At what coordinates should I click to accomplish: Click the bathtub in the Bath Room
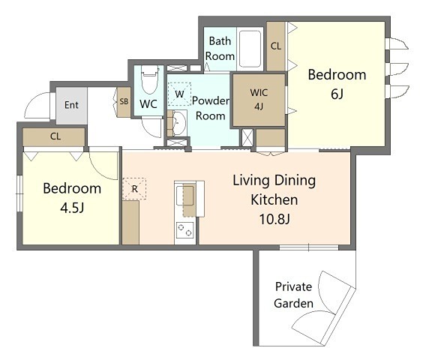[250, 49]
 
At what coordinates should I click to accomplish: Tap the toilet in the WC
[149, 79]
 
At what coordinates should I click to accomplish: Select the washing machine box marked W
[179, 94]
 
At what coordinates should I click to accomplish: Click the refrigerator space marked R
[134, 189]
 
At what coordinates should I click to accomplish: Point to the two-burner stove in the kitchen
[184, 230]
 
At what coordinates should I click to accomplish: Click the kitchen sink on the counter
[184, 195]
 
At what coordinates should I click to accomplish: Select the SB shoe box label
[124, 101]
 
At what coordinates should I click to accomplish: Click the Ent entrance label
[71, 105]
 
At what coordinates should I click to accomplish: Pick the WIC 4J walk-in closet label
[259, 99]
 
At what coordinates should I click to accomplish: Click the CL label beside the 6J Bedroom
[276, 46]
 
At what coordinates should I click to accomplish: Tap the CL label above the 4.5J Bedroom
[55, 136]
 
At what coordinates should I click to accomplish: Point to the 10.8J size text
[274, 219]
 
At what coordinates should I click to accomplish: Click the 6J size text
[337, 94]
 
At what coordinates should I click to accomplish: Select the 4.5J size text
[72, 208]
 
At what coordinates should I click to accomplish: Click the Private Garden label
[293, 295]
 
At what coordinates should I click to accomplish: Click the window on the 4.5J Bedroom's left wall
[19, 193]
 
